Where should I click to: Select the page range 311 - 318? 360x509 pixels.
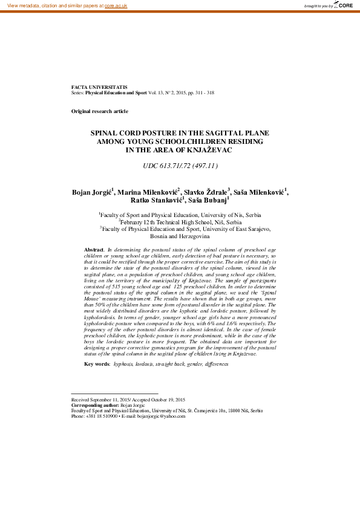point(203,93)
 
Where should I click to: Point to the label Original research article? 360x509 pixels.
point(100,112)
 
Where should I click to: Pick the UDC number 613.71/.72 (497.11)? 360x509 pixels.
point(180,166)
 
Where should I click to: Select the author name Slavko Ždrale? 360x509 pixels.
point(206,193)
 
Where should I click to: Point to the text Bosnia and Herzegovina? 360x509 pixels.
point(180,236)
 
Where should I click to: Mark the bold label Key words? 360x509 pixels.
point(97,365)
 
